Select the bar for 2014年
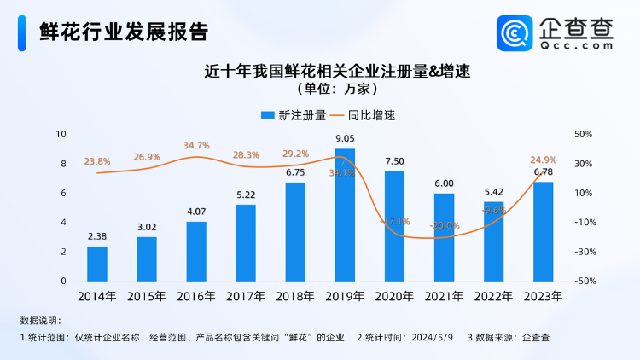tap(97, 264)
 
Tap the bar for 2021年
tap(444, 237)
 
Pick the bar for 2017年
tap(246, 243)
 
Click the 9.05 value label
tap(345, 138)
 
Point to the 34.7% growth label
tap(196, 145)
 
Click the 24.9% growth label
tap(544, 160)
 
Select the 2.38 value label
tap(97, 236)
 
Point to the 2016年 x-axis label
tap(196, 297)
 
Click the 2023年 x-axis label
tap(543, 297)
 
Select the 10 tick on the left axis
tap(61, 135)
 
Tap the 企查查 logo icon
tap(515, 33)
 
